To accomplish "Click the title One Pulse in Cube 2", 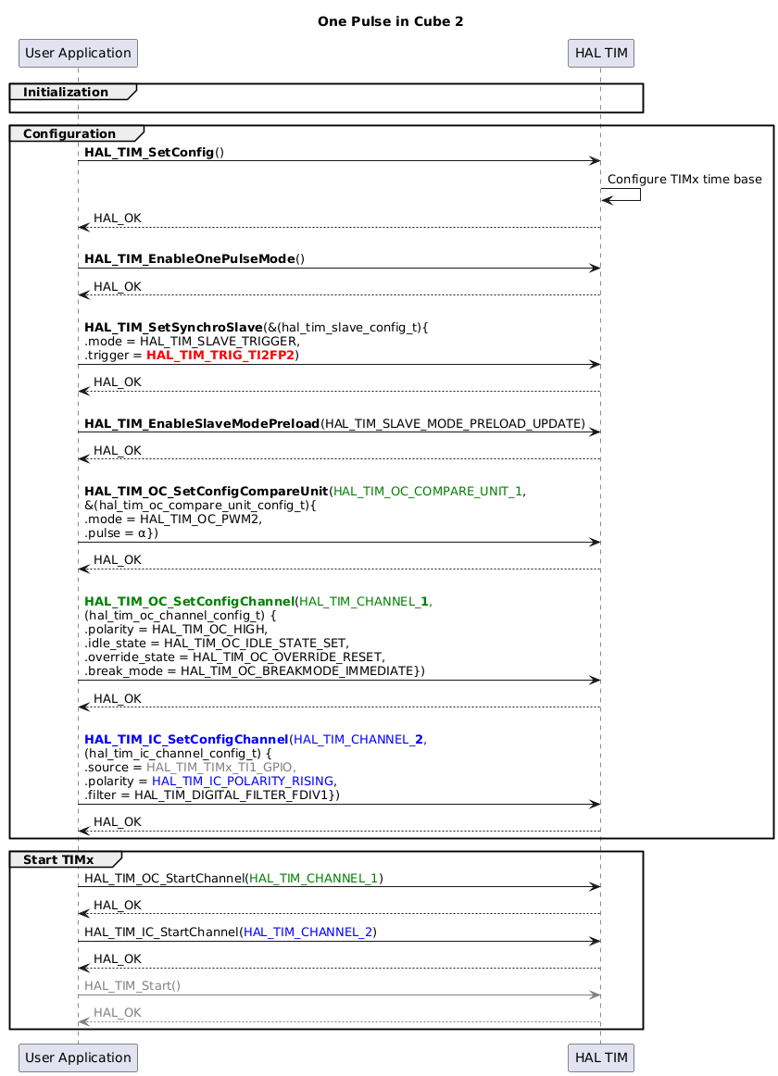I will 389,21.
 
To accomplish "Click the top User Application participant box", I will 78,53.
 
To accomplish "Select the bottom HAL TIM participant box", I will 600,1057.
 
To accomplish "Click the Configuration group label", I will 69,134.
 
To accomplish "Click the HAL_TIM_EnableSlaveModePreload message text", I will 334,423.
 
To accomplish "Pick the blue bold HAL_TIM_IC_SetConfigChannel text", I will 186,740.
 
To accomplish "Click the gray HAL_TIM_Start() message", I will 132,987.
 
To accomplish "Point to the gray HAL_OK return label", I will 117,1013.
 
